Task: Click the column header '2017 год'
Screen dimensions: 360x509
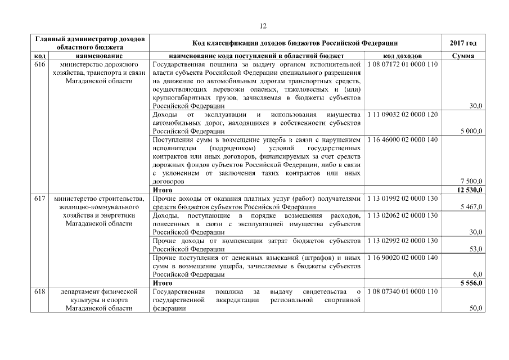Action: pos(463,43)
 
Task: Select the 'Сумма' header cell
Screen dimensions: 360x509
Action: pos(463,56)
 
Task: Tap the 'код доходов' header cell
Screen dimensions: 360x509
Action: pos(402,56)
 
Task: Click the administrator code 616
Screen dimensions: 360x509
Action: pos(40,64)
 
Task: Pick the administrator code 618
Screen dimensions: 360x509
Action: pos(40,291)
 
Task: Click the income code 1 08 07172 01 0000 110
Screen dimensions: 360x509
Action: pos(402,64)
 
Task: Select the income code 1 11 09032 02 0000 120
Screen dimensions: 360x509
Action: pos(402,114)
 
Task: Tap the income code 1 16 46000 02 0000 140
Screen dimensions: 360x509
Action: pos(402,139)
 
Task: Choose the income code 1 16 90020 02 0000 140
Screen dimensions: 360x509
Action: pos(402,257)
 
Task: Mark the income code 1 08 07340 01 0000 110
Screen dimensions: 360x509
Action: pos(402,291)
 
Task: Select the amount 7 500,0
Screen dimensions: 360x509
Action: pos(471,182)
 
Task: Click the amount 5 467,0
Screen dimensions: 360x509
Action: pos(471,207)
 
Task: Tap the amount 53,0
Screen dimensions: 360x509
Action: pos(476,249)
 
